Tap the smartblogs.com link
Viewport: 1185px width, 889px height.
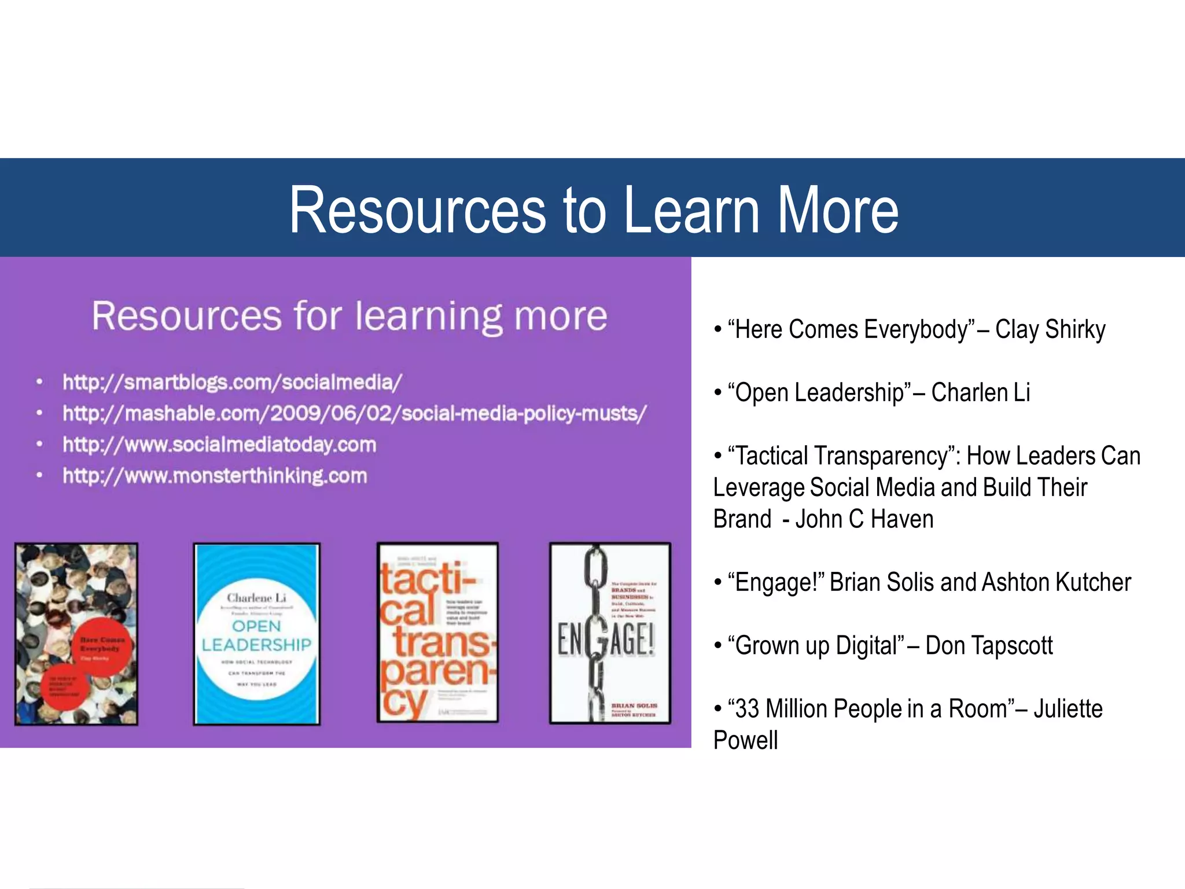232,382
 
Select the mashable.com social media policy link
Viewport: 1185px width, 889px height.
354,413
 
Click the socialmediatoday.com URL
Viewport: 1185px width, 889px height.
219,444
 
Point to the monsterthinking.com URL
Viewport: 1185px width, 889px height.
215,476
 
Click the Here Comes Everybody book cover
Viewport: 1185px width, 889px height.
76,634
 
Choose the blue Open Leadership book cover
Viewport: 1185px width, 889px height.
256,634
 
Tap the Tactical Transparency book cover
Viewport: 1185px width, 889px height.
437,633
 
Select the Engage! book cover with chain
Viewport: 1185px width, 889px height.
610,633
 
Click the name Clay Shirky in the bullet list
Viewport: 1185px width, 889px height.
1050,329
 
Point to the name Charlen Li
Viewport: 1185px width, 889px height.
980,392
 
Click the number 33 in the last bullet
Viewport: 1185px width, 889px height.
746,709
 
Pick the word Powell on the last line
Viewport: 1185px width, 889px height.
745,740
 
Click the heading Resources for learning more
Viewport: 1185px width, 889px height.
349,316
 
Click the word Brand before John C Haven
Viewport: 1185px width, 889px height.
742,519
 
